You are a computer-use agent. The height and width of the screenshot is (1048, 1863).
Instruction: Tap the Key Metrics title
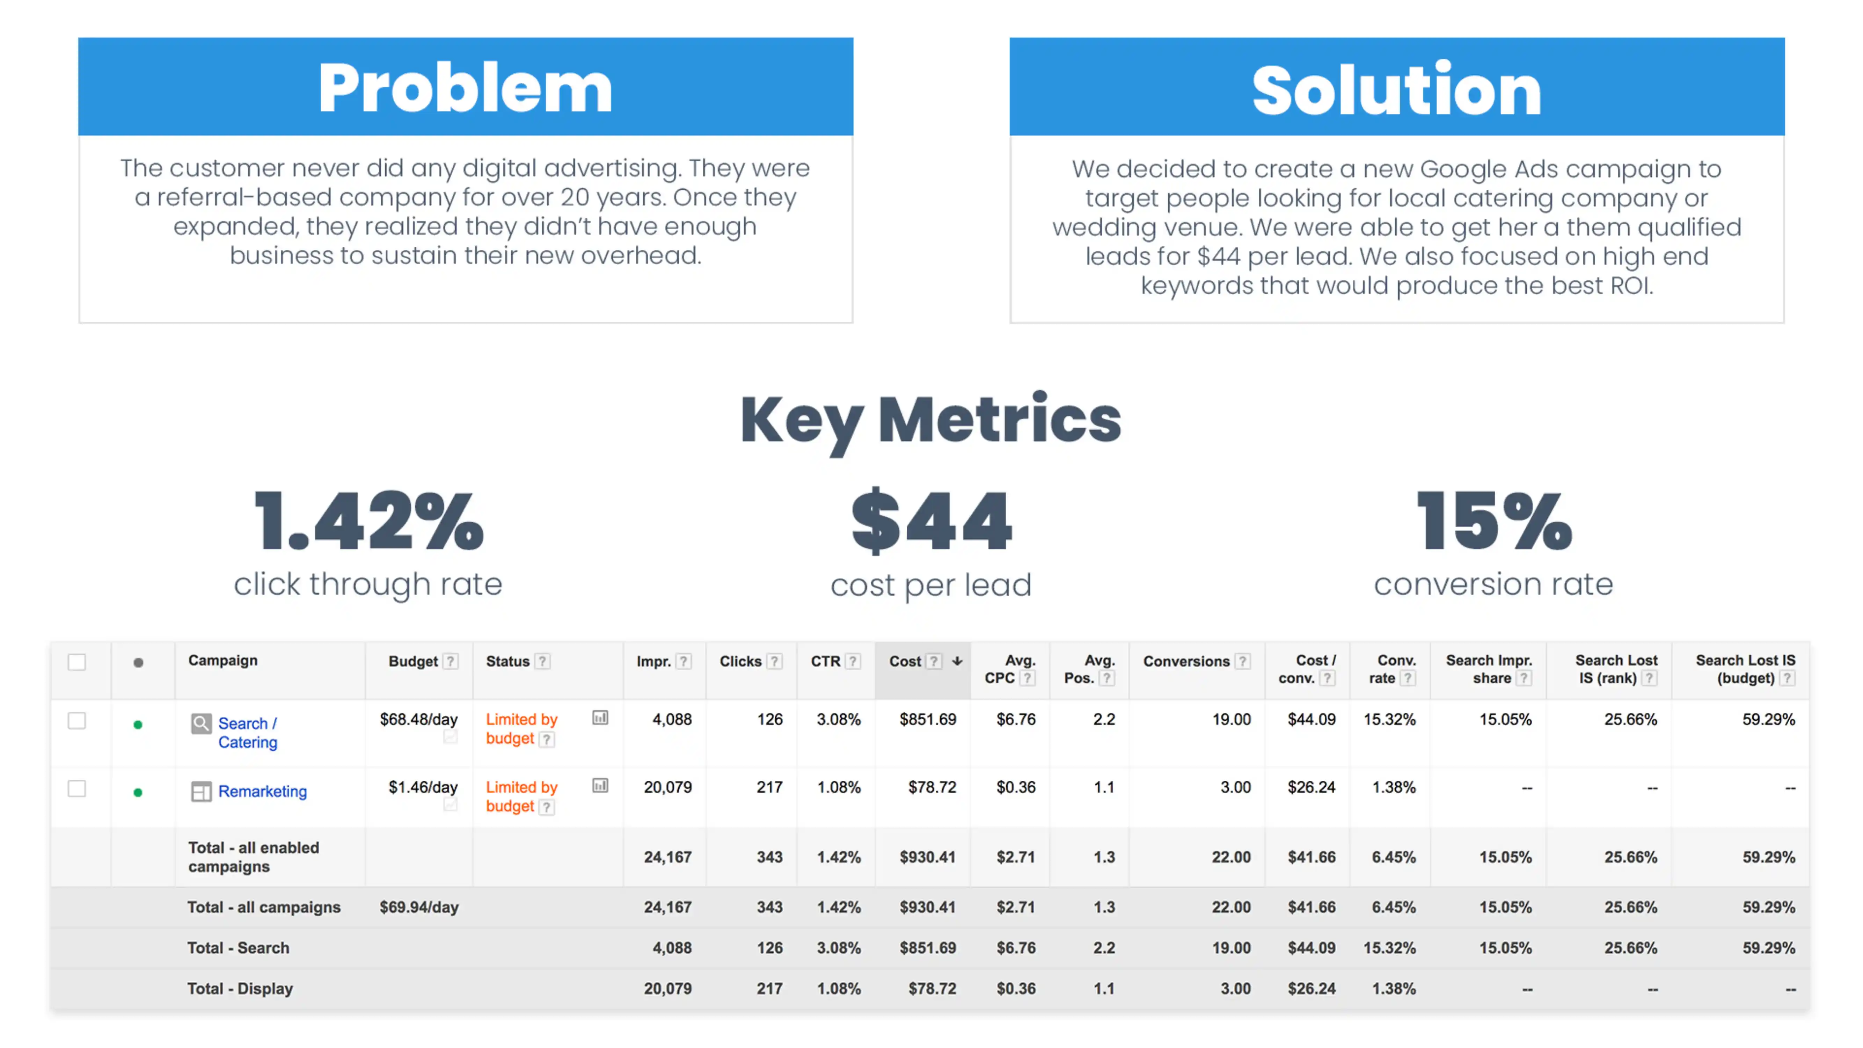[931, 421]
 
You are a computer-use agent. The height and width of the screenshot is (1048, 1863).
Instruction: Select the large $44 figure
[931, 521]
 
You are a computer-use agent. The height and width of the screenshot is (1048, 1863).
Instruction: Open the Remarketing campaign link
[263, 791]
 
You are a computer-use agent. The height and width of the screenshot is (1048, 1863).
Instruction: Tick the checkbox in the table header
[76, 662]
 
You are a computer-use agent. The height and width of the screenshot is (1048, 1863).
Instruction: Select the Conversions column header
[1186, 661]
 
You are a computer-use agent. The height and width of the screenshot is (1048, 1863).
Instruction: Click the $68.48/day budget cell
[419, 720]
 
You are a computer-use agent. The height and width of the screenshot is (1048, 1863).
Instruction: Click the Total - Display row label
[240, 989]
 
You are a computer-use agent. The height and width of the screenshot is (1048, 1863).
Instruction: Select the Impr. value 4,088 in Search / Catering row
[672, 720]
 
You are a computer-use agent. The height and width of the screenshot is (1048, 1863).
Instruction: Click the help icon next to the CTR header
[853, 661]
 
